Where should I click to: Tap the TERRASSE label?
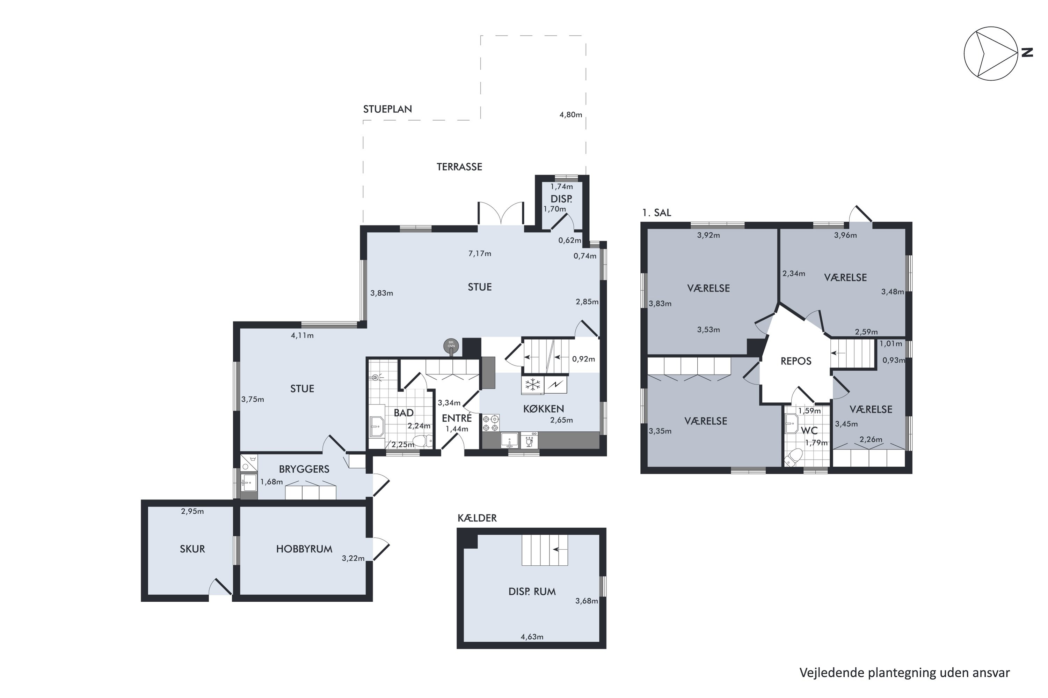point(459,167)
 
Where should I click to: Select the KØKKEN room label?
point(544,409)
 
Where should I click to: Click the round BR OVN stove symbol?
point(451,346)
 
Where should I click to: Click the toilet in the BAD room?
point(422,441)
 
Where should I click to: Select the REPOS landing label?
point(796,361)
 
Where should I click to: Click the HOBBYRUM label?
point(304,549)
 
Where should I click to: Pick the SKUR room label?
point(192,549)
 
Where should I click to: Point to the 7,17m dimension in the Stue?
point(480,254)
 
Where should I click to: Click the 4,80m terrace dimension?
point(571,115)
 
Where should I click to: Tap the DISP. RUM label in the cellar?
point(532,592)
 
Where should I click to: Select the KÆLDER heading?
point(477,518)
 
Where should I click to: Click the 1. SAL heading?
point(656,213)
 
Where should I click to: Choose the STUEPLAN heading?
point(388,109)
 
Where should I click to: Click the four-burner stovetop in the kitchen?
point(490,423)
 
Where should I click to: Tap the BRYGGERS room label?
point(304,469)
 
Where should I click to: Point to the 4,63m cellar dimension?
point(532,637)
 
